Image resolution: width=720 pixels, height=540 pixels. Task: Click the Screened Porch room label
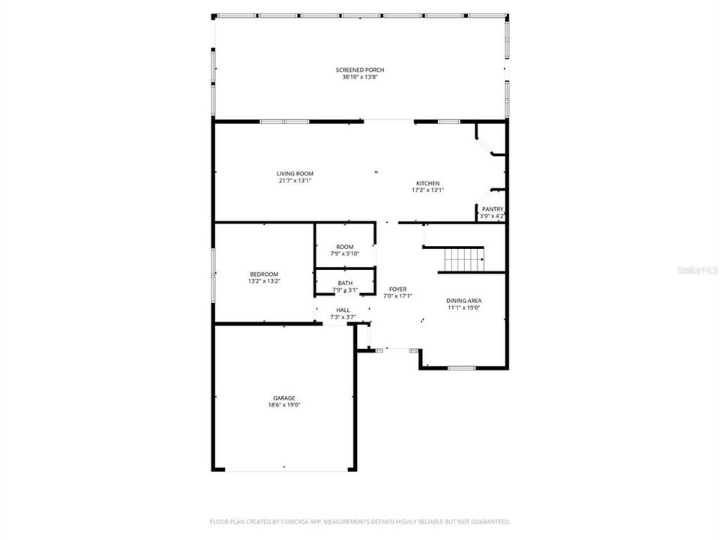359,70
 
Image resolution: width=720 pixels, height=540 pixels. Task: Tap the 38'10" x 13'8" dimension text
359,77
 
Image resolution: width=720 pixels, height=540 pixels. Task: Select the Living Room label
294,173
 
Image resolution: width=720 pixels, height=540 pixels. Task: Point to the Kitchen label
427,183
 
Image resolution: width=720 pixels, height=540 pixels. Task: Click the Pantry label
492,209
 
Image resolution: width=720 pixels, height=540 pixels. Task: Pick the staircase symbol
463,260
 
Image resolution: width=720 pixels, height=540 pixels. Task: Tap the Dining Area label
463,300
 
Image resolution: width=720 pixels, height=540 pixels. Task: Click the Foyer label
397,289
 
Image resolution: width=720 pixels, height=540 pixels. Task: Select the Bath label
345,283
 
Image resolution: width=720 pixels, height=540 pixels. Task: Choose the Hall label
343,310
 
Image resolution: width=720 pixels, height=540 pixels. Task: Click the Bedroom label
264,274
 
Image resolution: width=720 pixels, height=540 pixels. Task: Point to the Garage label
283,397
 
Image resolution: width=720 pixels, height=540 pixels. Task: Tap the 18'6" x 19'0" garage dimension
283,405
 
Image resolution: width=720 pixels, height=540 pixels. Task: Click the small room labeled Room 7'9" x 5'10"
345,250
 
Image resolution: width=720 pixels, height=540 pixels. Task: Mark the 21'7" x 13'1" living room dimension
294,181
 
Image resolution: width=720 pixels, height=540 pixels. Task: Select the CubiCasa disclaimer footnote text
359,521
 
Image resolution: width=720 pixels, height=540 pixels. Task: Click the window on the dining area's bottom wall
461,367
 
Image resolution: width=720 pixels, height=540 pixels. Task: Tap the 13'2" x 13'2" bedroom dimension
264,281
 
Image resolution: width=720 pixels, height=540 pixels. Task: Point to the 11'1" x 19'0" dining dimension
463,307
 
